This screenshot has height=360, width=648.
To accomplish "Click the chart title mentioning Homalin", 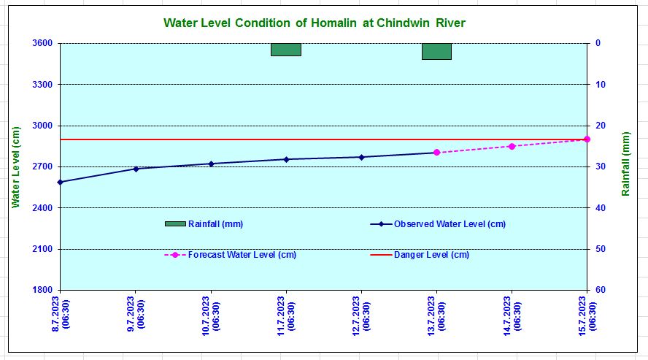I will tap(314, 23).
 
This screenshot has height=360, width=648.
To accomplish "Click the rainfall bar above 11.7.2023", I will tap(286, 50).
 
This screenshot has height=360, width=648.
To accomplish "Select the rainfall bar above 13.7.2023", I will tap(436, 51).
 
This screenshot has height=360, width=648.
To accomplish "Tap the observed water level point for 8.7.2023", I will tap(61, 182).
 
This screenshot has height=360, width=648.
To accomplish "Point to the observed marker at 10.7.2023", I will tap(211, 164).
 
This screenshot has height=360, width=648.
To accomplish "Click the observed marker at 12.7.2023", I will tap(361, 157).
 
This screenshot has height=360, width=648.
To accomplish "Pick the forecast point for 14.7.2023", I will tap(512, 146).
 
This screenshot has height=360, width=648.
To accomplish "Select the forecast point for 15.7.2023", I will tap(587, 139).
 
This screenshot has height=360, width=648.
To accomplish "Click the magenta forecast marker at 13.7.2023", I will tap(436, 153).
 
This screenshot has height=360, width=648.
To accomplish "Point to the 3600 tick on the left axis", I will tap(42, 43).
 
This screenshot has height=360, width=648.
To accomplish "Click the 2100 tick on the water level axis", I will tap(42, 249).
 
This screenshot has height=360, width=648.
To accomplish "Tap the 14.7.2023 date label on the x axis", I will tap(512, 313).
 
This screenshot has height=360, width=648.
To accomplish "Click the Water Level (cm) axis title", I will tap(15, 166).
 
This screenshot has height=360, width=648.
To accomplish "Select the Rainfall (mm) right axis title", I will tap(625, 164).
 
